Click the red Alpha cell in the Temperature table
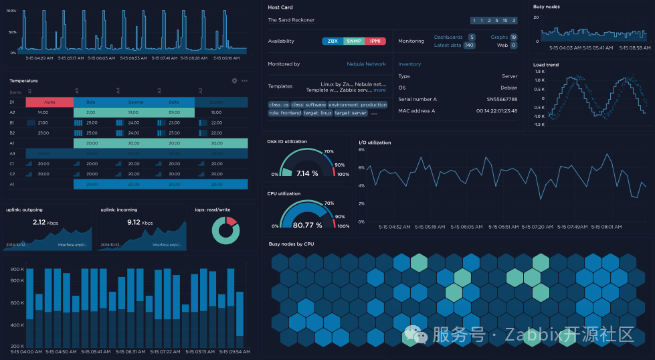50,102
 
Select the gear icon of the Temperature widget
234,81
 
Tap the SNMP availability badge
355,41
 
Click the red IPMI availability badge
376,41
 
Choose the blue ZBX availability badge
333,41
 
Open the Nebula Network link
366,64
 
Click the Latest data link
448,46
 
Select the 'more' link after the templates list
379,90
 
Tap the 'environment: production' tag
358,105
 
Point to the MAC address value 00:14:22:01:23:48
497,111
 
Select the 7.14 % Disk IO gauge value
307,173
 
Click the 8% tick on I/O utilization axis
361,150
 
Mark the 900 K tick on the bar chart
17,270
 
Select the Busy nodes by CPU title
291,244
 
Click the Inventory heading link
409,64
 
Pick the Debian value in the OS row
509,88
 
